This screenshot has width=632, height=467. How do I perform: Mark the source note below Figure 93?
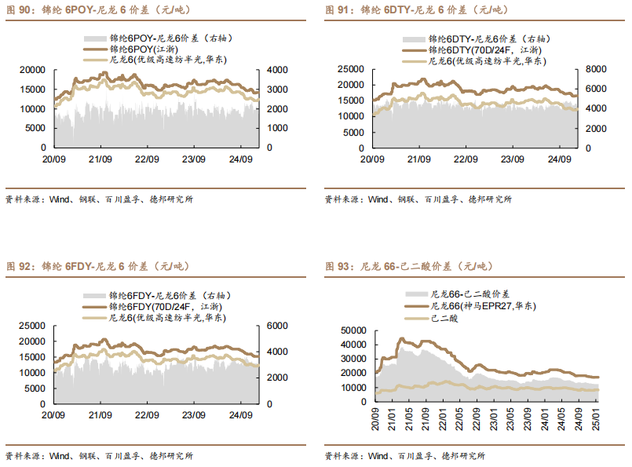click(x=405, y=456)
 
